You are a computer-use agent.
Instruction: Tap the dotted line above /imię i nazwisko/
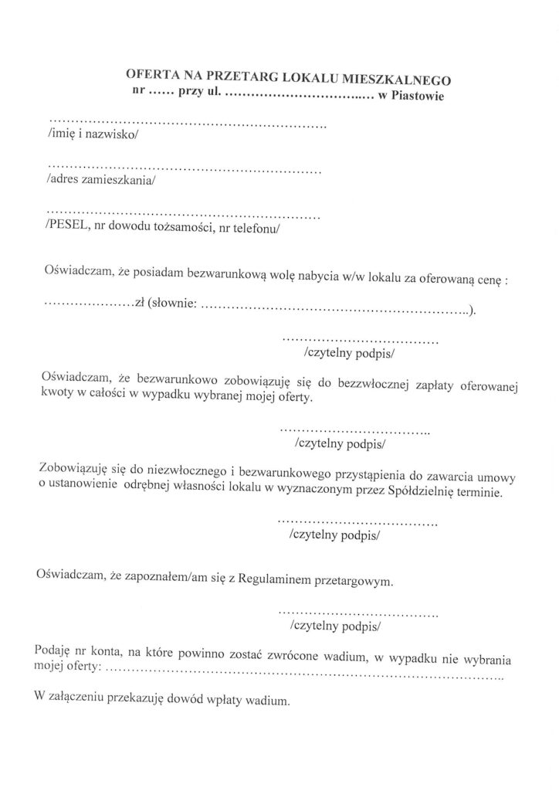(188, 124)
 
